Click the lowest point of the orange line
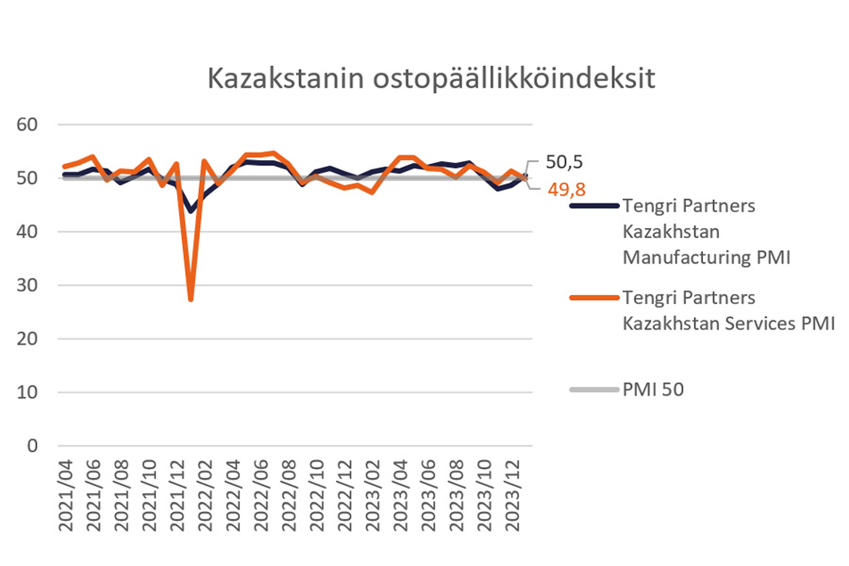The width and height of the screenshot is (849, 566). tap(191, 299)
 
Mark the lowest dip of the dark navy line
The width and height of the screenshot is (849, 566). tap(191, 210)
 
